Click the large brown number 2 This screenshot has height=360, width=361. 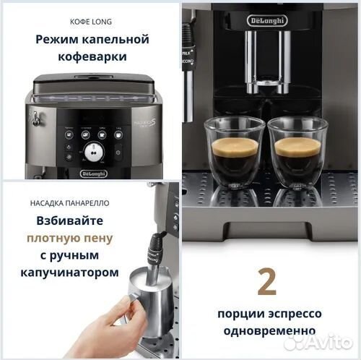coord(266,282)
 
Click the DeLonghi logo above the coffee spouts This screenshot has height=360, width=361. coord(267,20)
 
